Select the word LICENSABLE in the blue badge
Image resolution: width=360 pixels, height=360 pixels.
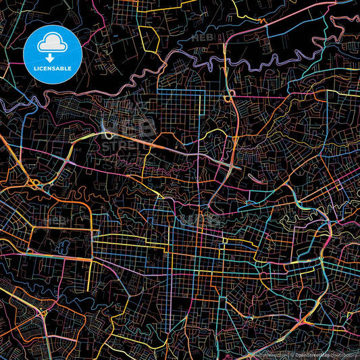[x=52, y=68]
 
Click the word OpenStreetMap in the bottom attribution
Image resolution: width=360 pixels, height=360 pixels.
[x=311, y=355]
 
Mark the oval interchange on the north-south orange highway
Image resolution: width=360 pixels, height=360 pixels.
[x=231, y=95]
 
